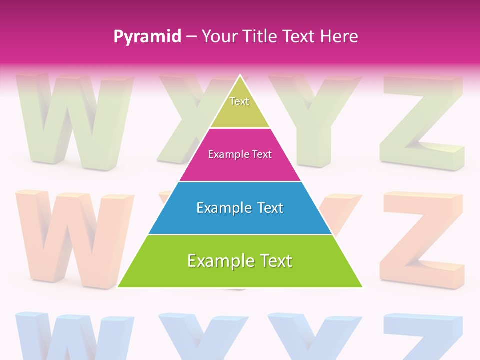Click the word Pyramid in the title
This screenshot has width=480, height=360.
coord(147,36)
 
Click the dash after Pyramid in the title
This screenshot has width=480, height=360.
coord(191,37)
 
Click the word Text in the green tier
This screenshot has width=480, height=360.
coord(274,261)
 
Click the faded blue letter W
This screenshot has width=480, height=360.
coord(75,337)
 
